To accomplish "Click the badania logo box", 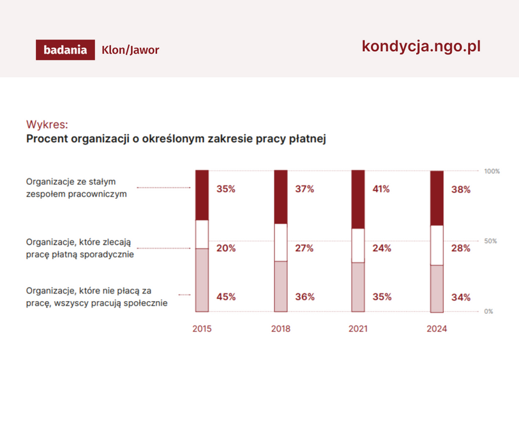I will pos(65,50).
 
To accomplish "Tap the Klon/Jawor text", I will pos(130,50).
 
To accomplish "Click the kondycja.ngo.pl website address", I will pos(421,46).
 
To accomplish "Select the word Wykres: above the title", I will pos(47,123).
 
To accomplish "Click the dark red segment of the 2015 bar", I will pos(202,195).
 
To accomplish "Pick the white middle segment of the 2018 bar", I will pos(281,242).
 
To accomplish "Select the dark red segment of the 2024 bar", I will pos(437,198).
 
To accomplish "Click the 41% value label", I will pos(382,189).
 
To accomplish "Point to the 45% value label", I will pos(225,297).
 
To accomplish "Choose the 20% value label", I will pos(225,248).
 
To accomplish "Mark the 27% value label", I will pos(304,248).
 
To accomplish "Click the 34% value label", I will pos(460,297).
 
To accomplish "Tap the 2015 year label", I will pos(202,329).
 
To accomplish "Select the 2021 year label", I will pos(358,329).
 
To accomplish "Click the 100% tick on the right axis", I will pos(492,171).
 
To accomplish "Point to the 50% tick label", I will pos(490,241).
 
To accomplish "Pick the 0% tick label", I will pos(488,311).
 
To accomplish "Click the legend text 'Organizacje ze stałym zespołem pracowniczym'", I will pos(76,187).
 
